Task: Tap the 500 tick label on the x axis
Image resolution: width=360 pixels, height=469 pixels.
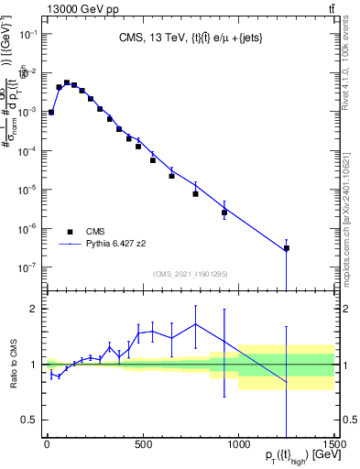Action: [142, 446]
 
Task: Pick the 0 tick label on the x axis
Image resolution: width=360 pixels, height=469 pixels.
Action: [46, 446]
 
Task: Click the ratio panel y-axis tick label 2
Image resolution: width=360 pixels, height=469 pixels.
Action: [33, 309]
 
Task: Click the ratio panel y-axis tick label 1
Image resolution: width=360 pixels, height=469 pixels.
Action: [33, 365]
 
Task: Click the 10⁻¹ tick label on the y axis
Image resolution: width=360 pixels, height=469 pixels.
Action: [27, 34]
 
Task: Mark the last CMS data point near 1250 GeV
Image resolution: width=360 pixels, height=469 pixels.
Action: [286, 248]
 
